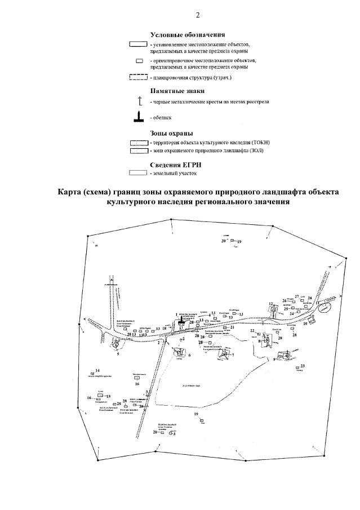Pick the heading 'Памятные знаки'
177,90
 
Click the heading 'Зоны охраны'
172,134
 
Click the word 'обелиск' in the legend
163,118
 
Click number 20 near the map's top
223,241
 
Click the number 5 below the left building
118,354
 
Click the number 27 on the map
296,296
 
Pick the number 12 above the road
270,304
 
